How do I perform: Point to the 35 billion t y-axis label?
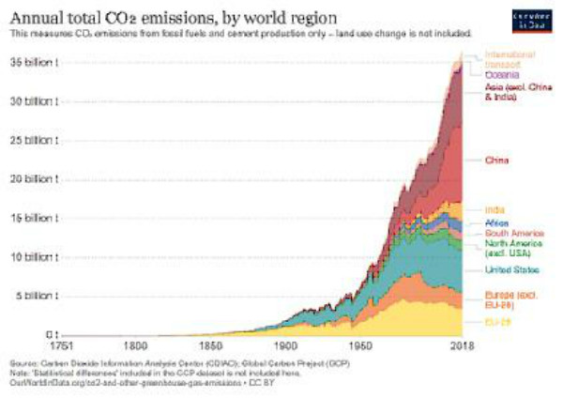pyautogui.click(x=38, y=62)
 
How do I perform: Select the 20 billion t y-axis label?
pyautogui.click(x=38, y=178)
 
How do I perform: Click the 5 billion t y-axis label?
pyautogui.click(x=40, y=295)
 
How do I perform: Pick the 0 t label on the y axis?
pyautogui.click(x=53, y=334)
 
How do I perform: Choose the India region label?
pyautogui.click(x=495, y=208)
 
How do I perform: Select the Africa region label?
pyautogui.click(x=497, y=222)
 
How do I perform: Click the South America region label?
pyautogui.click(x=510, y=232)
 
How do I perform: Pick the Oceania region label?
pyautogui.click(x=501, y=73)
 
